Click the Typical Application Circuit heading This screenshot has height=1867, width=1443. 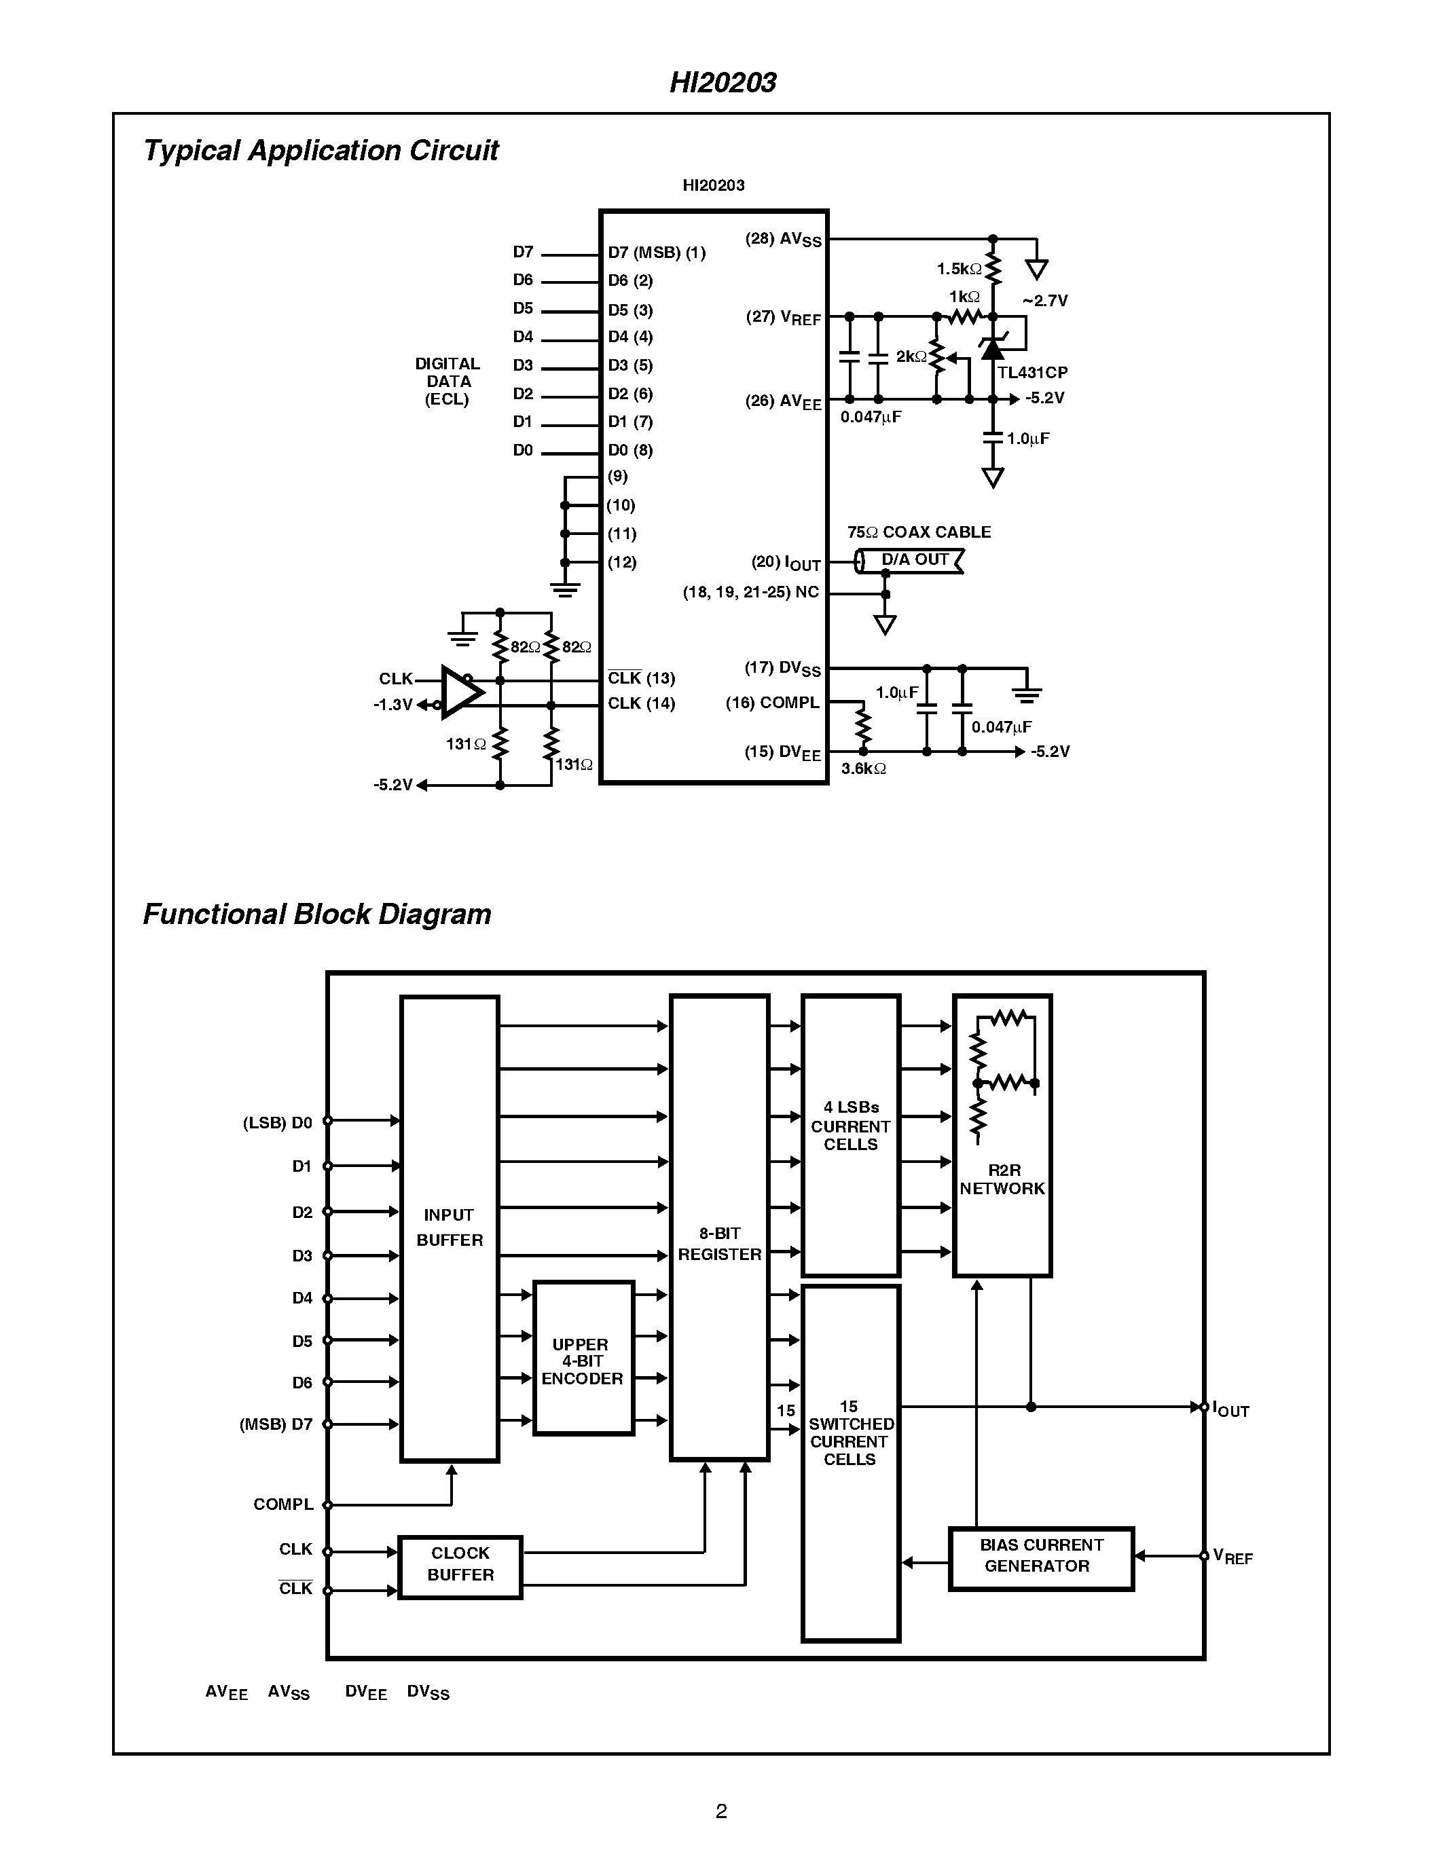321,151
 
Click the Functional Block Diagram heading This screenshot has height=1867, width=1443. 316,914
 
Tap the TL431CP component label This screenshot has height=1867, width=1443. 1031,373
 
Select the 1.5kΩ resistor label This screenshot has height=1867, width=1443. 958,270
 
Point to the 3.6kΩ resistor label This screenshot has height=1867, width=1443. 862,769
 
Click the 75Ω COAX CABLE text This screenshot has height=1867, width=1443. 919,532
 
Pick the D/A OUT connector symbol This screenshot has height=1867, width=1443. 911,560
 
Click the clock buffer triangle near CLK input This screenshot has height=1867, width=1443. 460,692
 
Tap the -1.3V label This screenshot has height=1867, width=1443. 392,705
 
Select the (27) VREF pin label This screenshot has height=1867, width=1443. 783,317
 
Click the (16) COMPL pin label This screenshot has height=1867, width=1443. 772,703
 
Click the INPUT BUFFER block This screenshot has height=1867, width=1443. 450,1227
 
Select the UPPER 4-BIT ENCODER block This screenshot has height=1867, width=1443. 583,1361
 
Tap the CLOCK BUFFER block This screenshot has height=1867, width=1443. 460,1564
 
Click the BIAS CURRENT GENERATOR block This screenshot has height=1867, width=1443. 1040,1556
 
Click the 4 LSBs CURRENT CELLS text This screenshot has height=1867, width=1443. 851,1126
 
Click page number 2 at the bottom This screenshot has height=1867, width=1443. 720,1811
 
